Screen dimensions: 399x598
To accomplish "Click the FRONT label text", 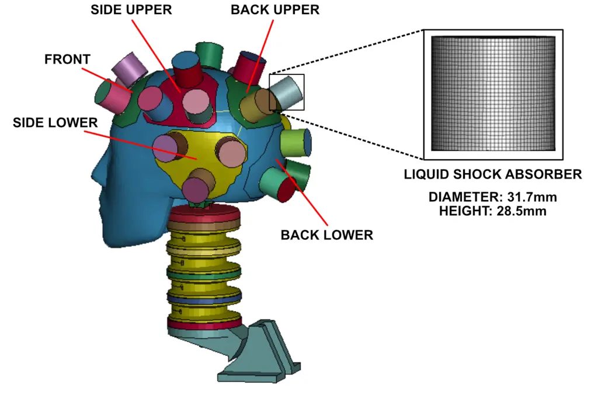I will click(x=68, y=60).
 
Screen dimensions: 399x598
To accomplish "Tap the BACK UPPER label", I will click(x=274, y=10).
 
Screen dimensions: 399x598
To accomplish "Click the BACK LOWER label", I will click(x=326, y=235).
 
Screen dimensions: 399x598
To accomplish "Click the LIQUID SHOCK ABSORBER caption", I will click(x=493, y=174).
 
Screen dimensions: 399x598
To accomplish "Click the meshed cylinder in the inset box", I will click(x=492, y=94).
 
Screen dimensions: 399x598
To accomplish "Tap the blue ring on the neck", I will click(x=204, y=298).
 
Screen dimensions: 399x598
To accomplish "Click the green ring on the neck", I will click(x=204, y=273).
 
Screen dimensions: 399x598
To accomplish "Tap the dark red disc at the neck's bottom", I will click(x=204, y=323).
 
